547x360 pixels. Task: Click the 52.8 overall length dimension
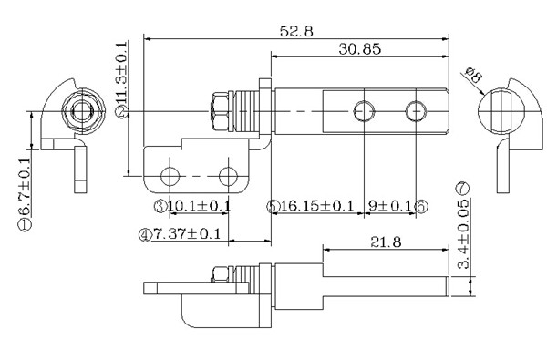click(296, 31)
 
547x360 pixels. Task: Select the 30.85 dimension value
click(360, 49)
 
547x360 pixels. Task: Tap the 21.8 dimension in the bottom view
click(386, 242)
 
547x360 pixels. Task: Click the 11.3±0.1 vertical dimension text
click(121, 73)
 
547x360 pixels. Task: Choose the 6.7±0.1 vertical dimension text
click(25, 187)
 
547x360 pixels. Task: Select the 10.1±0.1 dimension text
click(199, 206)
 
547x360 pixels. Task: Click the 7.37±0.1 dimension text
click(187, 233)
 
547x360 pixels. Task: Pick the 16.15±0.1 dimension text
click(317, 206)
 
